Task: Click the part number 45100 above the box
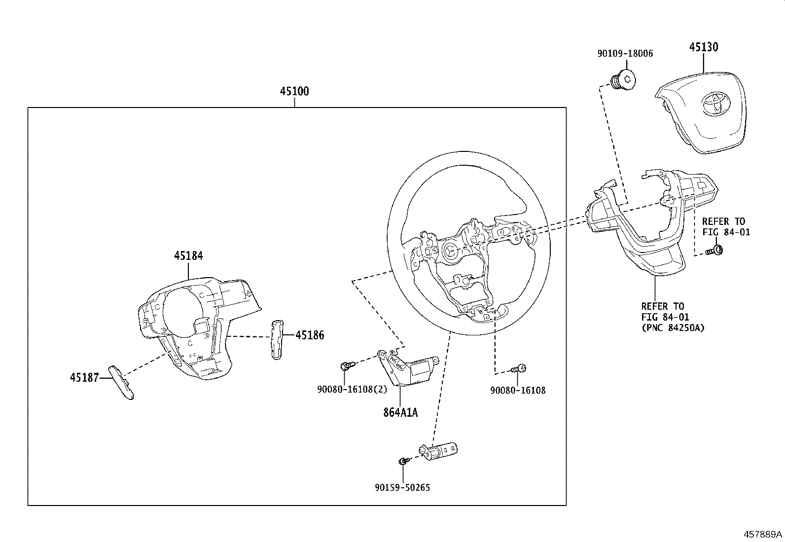294,91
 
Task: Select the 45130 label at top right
703,47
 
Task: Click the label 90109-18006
625,54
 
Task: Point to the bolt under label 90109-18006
622,80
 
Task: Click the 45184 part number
188,255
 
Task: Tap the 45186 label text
310,335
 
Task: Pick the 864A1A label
400,412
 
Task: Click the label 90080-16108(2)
352,389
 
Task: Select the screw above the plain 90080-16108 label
519,368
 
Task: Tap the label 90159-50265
402,487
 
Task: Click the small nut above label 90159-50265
402,461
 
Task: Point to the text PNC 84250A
673,327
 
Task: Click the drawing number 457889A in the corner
763,534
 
